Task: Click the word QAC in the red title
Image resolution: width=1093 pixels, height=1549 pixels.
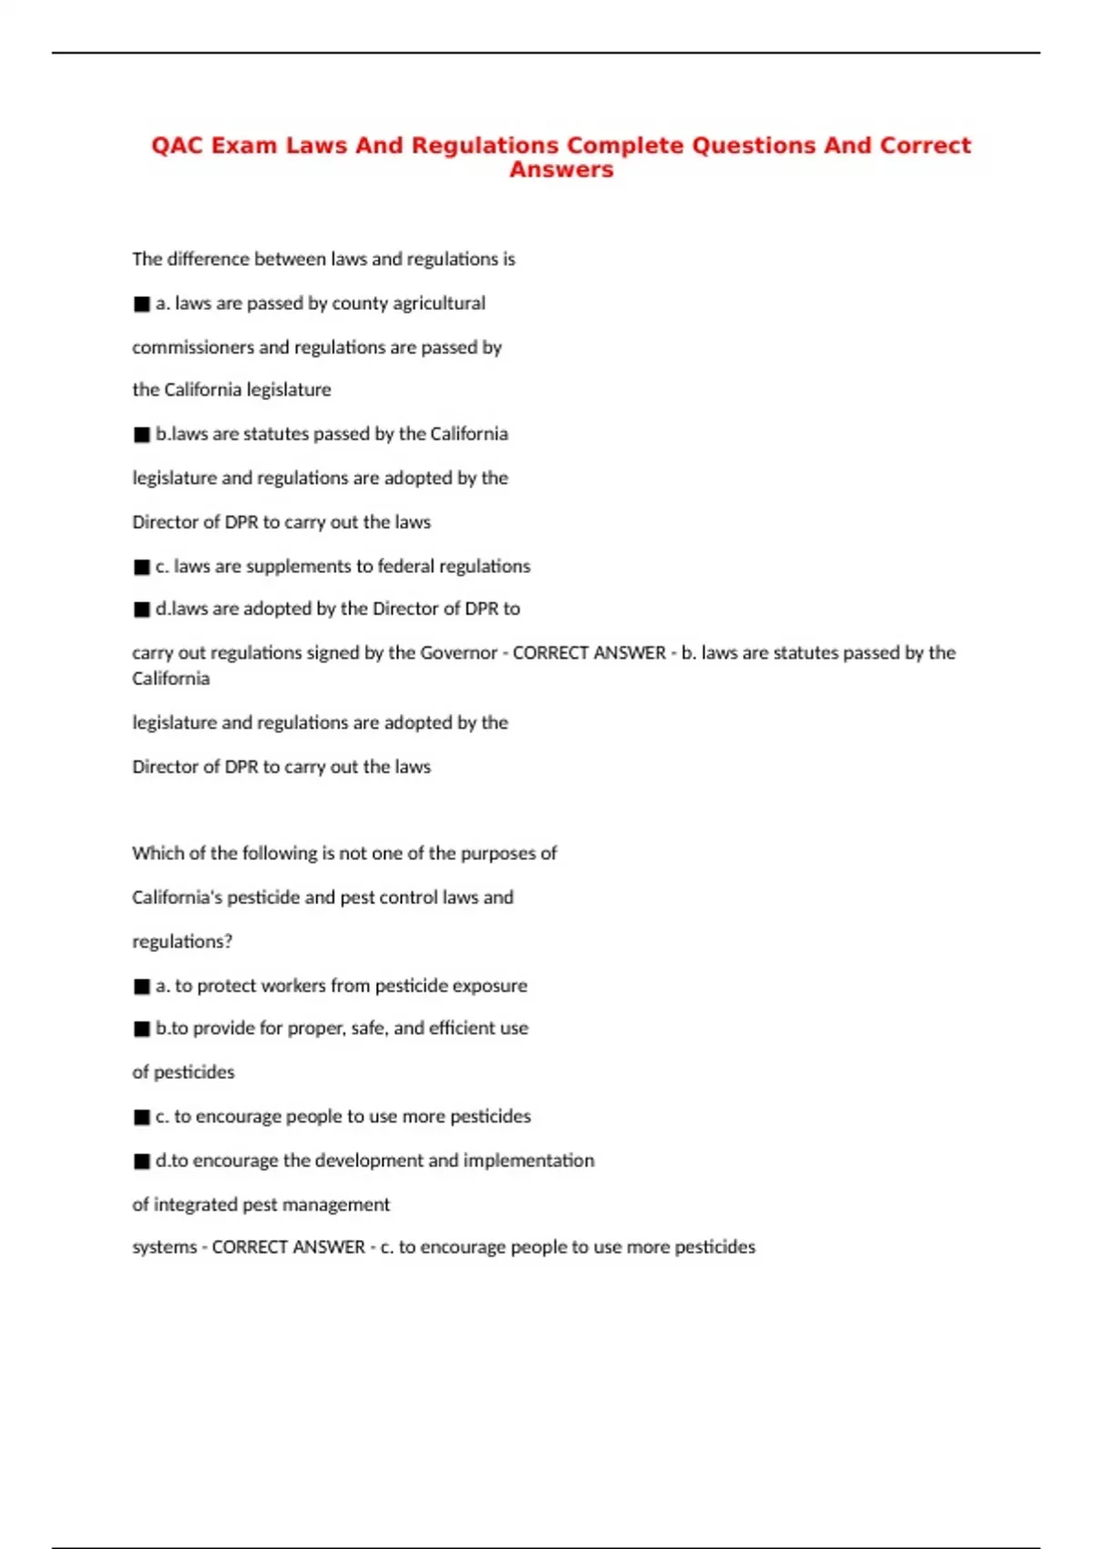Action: (178, 146)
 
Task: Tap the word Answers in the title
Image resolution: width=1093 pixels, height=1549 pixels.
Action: (561, 170)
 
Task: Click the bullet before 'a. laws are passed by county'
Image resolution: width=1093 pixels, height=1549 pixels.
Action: (142, 304)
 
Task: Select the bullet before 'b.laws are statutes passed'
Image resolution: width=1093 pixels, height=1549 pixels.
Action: (142, 435)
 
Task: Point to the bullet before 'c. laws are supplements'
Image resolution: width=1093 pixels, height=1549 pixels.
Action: (142, 567)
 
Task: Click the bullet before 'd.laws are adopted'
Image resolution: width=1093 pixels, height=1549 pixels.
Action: (142, 610)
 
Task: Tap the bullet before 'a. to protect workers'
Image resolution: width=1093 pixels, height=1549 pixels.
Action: (142, 987)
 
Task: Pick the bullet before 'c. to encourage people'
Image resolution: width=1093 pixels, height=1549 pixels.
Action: (142, 1117)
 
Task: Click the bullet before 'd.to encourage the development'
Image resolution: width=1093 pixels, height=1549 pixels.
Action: (142, 1162)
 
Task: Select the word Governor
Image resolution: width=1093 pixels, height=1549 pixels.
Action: (458, 653)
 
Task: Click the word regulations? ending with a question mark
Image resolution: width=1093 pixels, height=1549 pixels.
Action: (182, 942)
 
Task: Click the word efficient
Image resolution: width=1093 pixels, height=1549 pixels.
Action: (463, 1028)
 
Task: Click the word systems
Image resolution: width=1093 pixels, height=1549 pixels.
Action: (164, 1247)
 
